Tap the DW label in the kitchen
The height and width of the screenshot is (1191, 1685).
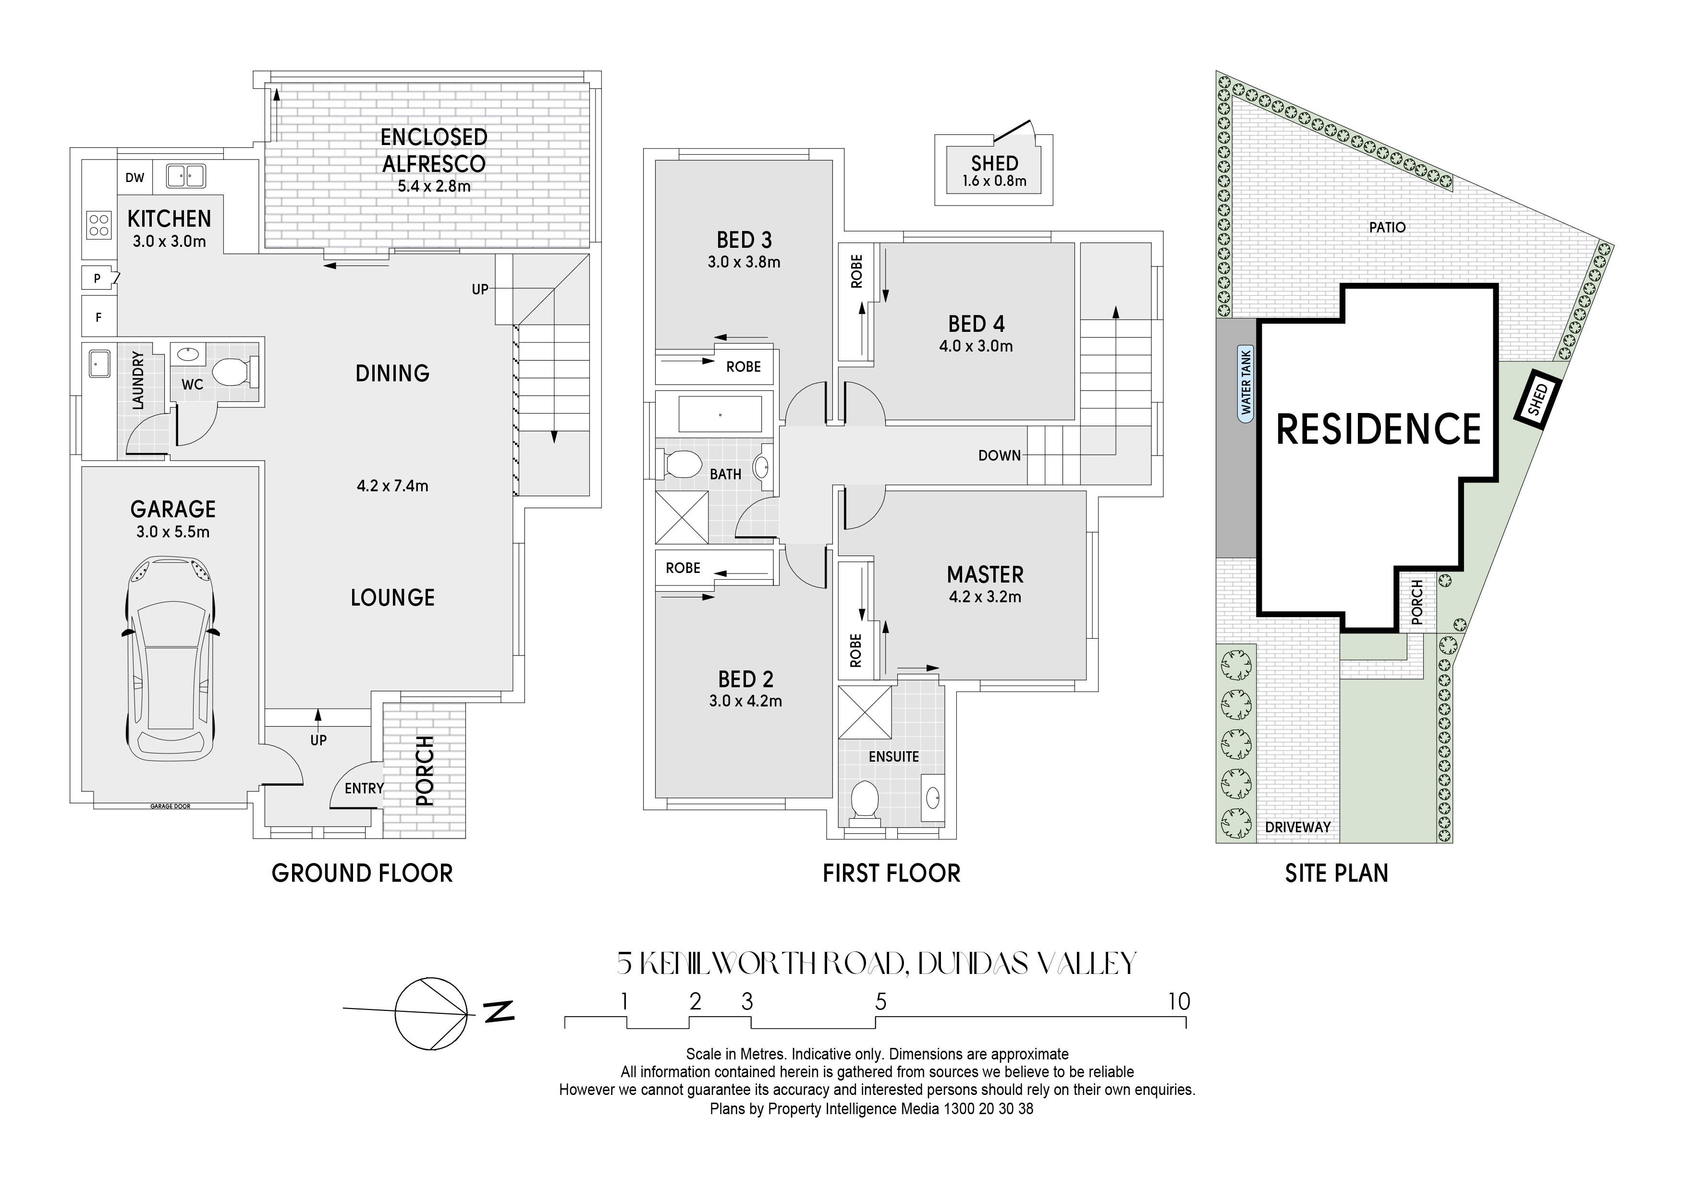(135, 178)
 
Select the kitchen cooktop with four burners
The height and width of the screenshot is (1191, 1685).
(99, 225)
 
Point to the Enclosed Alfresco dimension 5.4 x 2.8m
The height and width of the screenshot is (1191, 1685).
(434, 186)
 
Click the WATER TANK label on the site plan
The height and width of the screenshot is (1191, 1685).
(1245, 381)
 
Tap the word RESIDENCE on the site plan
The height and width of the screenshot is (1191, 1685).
(1379, 429)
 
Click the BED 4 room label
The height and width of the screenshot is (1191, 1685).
(976, 324)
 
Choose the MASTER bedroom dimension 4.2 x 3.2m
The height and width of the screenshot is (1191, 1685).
(985, 596)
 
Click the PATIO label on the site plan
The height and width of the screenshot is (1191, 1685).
(1387, 228)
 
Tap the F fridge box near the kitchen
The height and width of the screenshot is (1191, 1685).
(98, 317)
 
